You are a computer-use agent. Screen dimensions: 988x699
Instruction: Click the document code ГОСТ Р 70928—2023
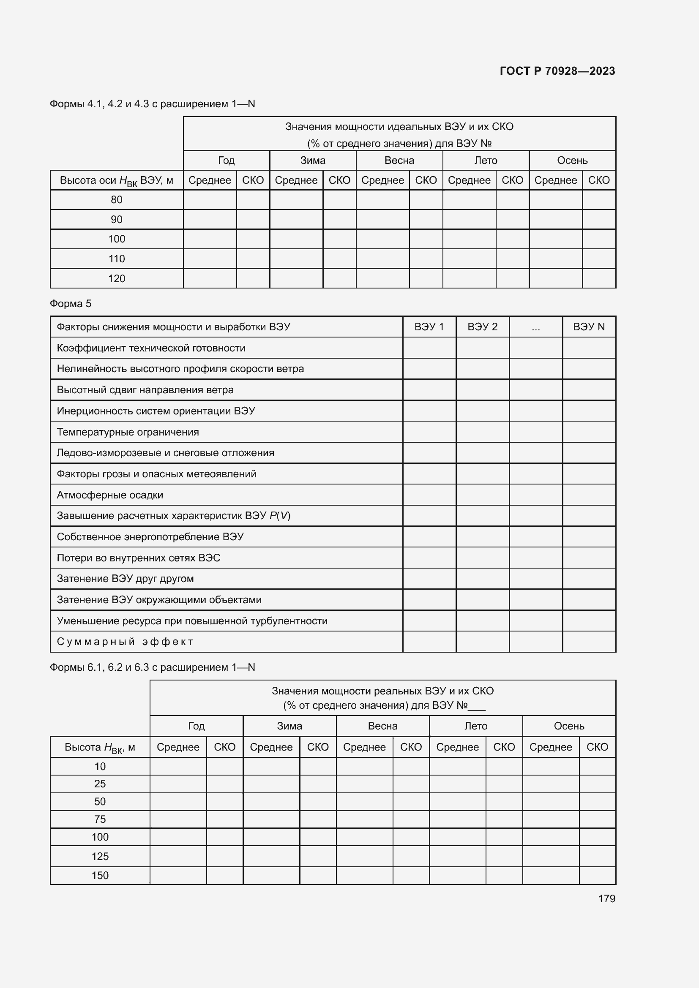[x=557, y=71]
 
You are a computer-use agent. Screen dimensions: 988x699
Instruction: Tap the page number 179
[x=606, y=898]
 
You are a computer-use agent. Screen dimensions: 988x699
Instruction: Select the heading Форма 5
[x=71, y=304]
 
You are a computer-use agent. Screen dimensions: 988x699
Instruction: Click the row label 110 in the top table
[x=116, y=259]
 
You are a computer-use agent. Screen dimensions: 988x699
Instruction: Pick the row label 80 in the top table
[x=116, y=200]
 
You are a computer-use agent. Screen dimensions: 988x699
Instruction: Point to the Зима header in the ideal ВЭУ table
[x=312, y=161]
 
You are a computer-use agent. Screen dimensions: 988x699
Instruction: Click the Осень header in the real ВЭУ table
[x=568, y=726]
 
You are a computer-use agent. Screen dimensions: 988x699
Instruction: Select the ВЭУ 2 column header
[x=482, y=327]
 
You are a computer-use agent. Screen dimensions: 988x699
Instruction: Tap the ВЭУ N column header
[x=588, y=327]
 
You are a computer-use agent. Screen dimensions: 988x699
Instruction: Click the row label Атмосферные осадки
[x=110, y=495]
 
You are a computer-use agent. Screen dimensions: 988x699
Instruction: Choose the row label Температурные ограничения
[x=128, y=432]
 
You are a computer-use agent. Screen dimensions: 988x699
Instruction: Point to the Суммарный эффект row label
[x=125, y=642]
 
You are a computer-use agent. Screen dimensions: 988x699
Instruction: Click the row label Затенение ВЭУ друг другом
[x=125, y=579]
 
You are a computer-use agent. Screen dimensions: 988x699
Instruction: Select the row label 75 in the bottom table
[x=100, y=819]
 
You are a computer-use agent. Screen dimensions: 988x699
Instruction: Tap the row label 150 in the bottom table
[x=100, y=875]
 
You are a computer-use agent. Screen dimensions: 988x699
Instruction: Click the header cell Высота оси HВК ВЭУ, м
[x=116, y=180]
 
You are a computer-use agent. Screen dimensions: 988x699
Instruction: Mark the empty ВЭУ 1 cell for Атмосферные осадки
[x=429, y=495]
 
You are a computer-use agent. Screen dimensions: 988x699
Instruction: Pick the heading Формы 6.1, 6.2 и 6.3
[x=153, y=667]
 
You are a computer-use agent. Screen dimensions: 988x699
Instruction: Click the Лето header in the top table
[x=486, y=161]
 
